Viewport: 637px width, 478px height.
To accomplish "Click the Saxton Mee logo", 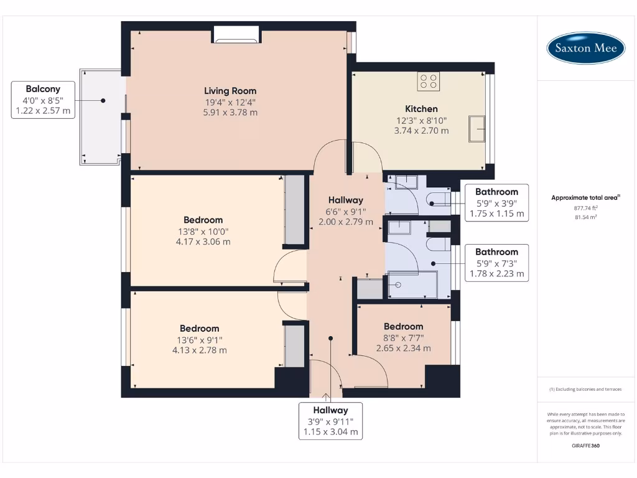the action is pos(585,48).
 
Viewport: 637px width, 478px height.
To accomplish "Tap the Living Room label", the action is pos(230,91).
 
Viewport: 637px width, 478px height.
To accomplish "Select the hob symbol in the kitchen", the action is pos(428,82).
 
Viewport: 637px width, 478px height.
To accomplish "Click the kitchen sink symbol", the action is pos(477,129).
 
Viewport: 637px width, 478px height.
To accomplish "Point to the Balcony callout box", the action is pos(43,100).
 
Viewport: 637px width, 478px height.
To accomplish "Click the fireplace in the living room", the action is pos(236,35).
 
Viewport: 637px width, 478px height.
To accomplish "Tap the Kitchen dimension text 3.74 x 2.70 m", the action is pos(421,131).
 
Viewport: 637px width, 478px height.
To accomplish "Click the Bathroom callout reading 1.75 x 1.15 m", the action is pos(496,203).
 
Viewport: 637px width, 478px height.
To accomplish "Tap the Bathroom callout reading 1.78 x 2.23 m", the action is pos(496,263).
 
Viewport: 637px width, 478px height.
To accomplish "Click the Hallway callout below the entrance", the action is pos(331,421).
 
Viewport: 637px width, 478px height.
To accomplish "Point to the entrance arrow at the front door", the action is pos(326,398).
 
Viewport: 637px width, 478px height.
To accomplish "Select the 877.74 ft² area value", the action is pos(585,208).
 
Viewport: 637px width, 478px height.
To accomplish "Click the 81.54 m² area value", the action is pos(585,217).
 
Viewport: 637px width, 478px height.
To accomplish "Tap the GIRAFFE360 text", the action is pos(585,446).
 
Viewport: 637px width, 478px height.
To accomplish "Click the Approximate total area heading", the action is pos(585,197).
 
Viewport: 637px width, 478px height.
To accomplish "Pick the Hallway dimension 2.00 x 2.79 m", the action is pos(346,222).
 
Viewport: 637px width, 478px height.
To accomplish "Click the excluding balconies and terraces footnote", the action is pos(585,390).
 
